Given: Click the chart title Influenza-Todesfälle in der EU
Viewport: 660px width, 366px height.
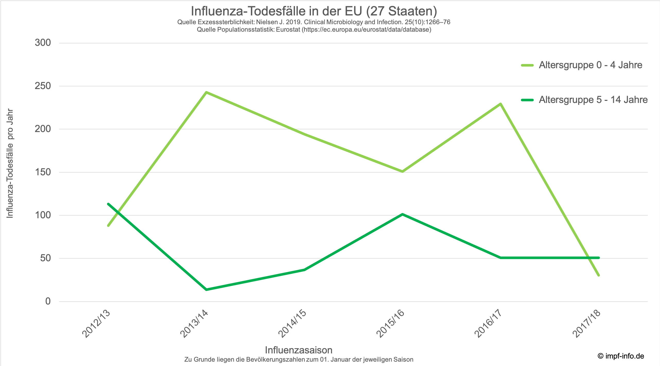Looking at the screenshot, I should tap(314, 11).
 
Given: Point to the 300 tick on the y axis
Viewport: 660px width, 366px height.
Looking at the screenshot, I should tap(43, 43).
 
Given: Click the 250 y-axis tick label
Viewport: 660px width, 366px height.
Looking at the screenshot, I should tap(43, 86).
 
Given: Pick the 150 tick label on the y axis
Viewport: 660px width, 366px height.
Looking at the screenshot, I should tap(43, 172).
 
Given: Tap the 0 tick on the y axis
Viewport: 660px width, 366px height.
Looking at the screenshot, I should tap(48, 301).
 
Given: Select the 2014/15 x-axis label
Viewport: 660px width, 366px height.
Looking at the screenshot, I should tap(292, 324).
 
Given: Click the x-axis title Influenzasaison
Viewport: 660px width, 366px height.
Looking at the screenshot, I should tap(299, 350).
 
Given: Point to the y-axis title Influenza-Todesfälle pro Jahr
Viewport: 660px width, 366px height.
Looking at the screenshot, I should tap(10, 163).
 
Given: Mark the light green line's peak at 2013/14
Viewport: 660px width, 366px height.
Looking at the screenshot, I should tap(206, 92).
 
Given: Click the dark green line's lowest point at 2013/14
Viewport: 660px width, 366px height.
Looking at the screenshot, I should tap(206, 290).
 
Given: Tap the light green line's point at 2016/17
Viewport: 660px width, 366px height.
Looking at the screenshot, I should tap(500, 104).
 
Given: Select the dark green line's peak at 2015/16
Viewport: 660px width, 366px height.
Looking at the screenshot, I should tap(402, 214).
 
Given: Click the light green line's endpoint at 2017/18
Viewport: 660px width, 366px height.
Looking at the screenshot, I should tap(598, 275).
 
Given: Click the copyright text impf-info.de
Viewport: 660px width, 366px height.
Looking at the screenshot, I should tap(621, 356).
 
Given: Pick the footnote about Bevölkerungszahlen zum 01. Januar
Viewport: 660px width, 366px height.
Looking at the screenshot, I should tap(299, 360).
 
